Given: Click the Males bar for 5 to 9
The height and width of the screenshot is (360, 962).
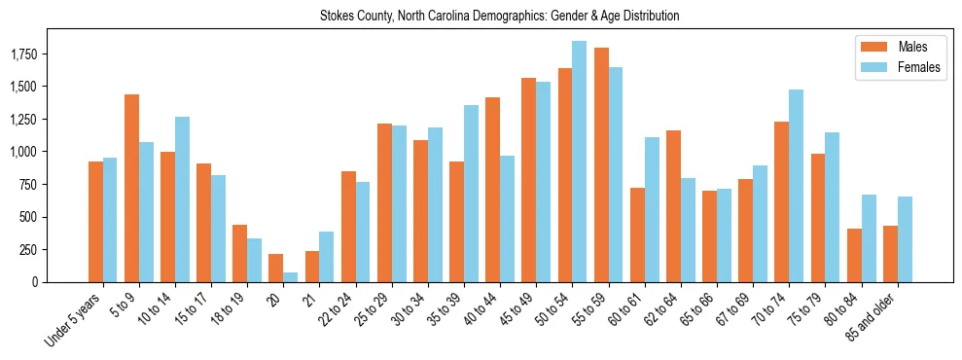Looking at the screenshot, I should (x=132, y=188).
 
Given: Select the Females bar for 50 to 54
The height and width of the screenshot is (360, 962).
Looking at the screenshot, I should (x=579, y=162).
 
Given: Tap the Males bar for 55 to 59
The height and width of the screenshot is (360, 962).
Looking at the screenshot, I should (x=601, y=164).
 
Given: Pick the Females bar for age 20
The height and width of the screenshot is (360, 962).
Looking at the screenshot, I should (x=291, y=277).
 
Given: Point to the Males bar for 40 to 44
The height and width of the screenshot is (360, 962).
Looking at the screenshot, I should (x=493, y=190).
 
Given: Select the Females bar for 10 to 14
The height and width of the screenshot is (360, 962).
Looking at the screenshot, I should (x=182, y=199).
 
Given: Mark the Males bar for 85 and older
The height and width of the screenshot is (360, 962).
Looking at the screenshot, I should (x=890, y=254).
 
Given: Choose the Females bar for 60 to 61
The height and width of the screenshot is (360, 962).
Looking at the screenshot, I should (x=652, y=209).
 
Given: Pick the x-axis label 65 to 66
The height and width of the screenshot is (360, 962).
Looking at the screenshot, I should (x=698, y=310).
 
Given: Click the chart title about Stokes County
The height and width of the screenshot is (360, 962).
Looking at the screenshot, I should (x=499, y=17).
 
